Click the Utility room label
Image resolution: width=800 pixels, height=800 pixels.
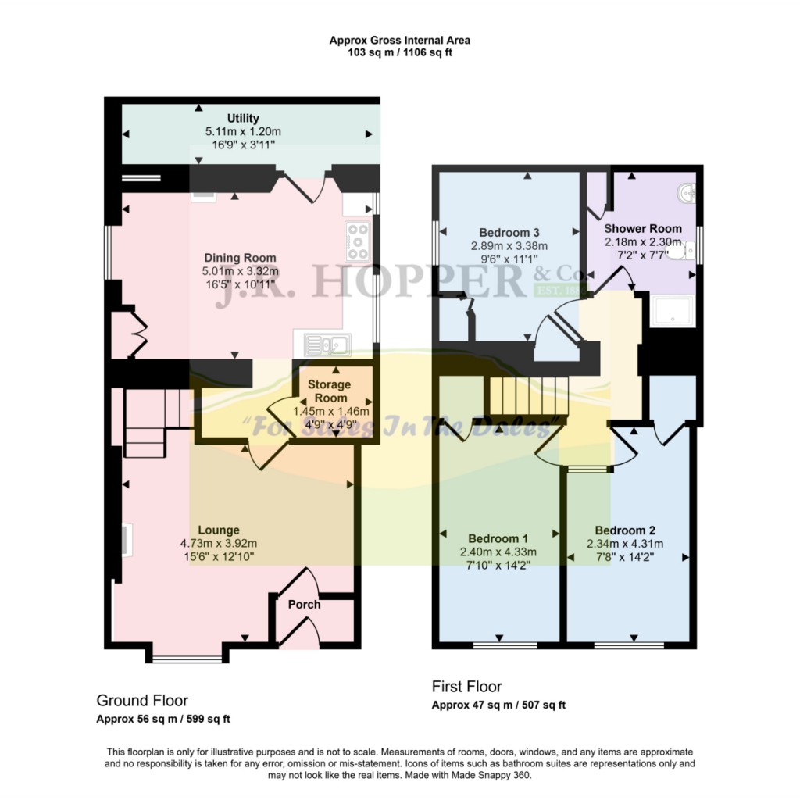coord(243,119)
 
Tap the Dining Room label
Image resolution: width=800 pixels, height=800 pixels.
coord(240,258)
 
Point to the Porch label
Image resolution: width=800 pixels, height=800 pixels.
coord(304,604)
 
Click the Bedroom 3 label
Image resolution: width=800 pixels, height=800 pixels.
coord(509,232)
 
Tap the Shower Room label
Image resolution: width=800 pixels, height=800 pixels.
coord(643,229)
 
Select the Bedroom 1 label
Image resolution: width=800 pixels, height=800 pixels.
coord(498,538)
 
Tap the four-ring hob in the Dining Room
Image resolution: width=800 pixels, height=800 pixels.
coord(358,241)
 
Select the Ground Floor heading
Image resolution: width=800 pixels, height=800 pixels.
coord(141,700)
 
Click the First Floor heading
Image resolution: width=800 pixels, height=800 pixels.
coord(466,686)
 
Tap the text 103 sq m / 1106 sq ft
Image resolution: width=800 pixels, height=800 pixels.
coord(399,53)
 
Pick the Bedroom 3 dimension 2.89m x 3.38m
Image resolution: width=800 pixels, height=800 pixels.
coord(509,245)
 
